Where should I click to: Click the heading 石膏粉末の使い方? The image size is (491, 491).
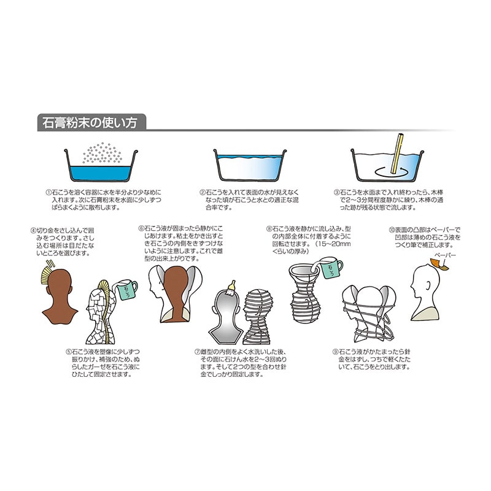pos(90,122)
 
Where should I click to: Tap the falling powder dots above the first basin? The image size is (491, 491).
pos(102,153)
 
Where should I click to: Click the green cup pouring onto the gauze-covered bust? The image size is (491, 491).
pos(126,288)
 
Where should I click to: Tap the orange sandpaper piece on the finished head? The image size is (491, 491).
pos(439,265)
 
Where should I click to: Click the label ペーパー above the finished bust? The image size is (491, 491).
pos(444,255)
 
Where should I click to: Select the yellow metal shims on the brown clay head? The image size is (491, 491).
pos(47,273)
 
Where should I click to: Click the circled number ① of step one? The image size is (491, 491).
pos(48,192)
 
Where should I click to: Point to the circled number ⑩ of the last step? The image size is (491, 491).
pos(392,230)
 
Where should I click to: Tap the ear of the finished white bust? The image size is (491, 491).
pos(428,285)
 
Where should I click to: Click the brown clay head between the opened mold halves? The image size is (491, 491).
pos(176,293)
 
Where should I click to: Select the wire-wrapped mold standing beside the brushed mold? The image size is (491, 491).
pos(258,317)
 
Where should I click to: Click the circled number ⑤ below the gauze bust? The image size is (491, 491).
pos(69,352)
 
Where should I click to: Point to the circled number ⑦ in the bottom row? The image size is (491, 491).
pos(197,352)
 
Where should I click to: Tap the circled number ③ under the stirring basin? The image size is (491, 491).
pos(336,192)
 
